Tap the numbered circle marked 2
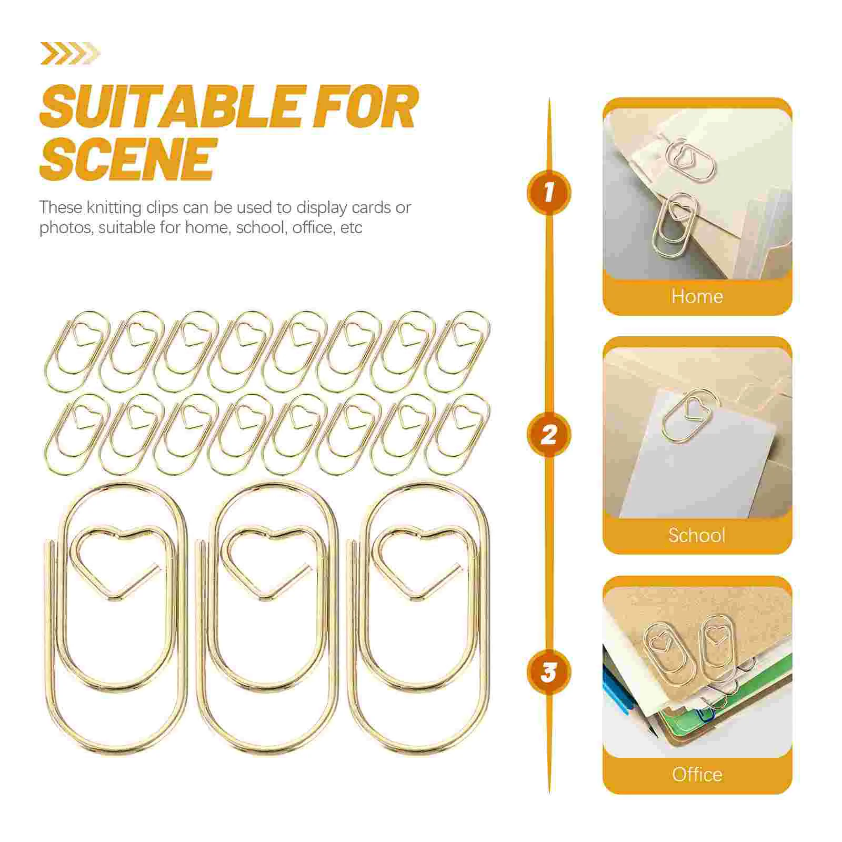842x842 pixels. pyautogui.click(x=549, y=435)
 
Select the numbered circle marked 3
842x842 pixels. pyautogui.click(x=549, y=672)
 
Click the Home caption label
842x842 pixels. pyautogui.click(x=697, y=296)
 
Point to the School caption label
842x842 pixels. pyautogui.click(x=697, y=535)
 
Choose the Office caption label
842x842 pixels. pyautogui.click(x=697, y=774)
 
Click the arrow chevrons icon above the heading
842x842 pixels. pyautogui.click(x=69, y=53)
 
